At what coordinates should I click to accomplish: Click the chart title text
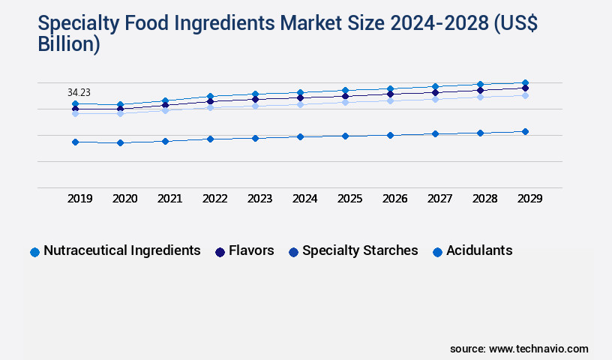[288, 34]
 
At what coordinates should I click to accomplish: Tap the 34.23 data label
[79, 92]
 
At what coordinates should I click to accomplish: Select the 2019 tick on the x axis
[79, 199]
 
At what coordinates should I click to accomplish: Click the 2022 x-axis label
[214, 199]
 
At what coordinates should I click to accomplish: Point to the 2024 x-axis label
[304, 199]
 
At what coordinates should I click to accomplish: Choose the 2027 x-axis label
[439, 199]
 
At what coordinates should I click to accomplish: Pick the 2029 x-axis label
[529, 199]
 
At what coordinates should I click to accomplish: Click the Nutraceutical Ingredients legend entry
[116, 251]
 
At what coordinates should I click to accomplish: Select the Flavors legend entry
[244, 251]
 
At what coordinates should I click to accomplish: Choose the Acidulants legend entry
[472, 251]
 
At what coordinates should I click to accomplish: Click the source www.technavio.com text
[519, 349]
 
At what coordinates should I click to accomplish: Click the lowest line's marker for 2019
[75, 142]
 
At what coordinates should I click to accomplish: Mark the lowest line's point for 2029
[525, 131]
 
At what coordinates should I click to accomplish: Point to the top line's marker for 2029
[525, 82]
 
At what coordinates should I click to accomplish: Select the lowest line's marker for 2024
[300, 136]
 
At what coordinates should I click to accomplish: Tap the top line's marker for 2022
[210, 96]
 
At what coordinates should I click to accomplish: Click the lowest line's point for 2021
[165, 141]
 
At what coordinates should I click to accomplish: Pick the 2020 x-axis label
[124, 199]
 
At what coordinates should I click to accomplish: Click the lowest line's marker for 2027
[435, 133]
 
